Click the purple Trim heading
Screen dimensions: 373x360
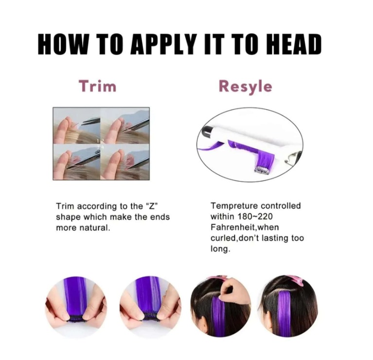click(x=98, y=86)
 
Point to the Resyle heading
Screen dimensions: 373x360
click(x=245, y=87)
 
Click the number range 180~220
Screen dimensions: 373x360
click(x=255, y=216)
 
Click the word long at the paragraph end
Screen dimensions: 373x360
click(x=220, y=249)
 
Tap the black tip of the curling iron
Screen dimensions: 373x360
click(x=206, y=132)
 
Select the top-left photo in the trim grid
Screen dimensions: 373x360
click(x=77, y=126)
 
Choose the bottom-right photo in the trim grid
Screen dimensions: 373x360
click(x=125, y=162)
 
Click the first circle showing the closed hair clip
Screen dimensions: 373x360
click(x=76, y=307)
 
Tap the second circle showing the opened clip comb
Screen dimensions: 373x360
click(x=150, y=307)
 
